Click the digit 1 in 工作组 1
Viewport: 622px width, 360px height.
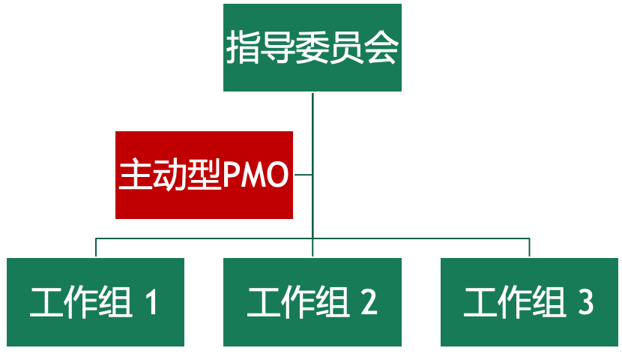click(151, 302)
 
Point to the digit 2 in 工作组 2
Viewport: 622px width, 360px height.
click(368, 302)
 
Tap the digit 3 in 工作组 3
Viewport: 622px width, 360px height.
click(585, 302)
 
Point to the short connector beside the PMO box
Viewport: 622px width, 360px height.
click(303, 175)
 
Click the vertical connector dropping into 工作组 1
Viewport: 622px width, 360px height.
click(96, 247)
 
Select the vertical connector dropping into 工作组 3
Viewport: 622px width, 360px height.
click(530, 247)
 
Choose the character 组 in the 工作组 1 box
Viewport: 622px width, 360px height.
click(115, 302)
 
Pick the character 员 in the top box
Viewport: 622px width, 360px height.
click(346, 49)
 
